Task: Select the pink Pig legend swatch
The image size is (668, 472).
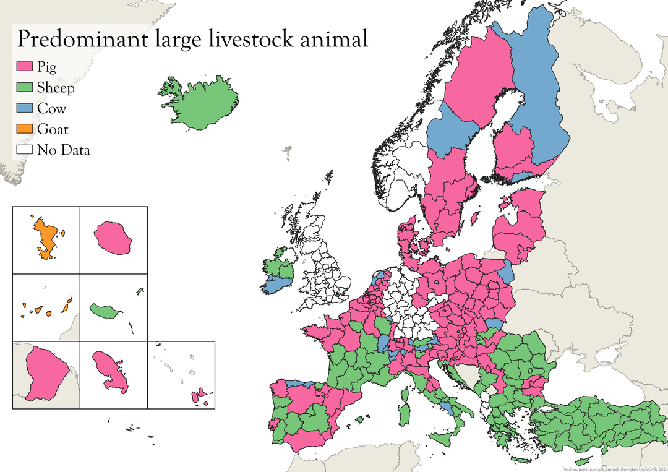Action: pyautogui.click(x=25, y=67)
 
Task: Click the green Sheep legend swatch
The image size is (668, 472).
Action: pyautogui.click(x=25, y=87)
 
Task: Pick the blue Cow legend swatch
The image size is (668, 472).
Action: pyautogui.click(x=25, y=108)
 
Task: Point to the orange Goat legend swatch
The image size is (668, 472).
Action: pyautogui.click(x=25, y=129)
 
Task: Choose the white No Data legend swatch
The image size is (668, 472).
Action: pyautogui.click(x=25, y=150)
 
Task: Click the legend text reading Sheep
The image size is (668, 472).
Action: pyautogui.click(x=56, y=88)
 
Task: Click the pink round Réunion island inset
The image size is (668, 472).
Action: pyautogui.click(x=113, y=238)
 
